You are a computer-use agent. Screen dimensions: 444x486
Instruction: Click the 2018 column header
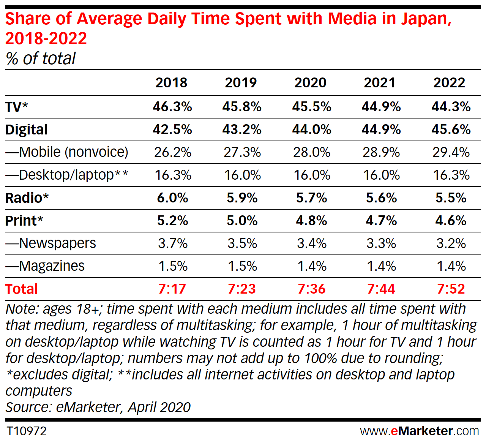click(x=171, y=82)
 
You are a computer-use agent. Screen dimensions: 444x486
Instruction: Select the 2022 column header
click(x=449, y=82)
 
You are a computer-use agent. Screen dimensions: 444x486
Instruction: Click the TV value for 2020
click(x=311, y=107)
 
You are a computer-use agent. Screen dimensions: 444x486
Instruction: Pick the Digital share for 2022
click(x=451, y=130)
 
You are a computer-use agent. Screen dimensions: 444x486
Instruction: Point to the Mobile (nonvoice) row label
click(x=67, y=152)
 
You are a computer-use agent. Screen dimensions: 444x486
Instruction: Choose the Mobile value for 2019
click(x=242, y=152)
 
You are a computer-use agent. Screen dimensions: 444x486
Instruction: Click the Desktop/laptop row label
click(x=67, y=175)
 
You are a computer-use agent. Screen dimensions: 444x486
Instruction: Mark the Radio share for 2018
click(x=172, y=198)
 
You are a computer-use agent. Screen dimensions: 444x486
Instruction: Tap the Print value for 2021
click(x=381, y=221)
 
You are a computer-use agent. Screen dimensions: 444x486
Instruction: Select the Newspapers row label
click(x=50, y=243)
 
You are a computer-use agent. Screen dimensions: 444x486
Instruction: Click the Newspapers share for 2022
click(x=451, y=243)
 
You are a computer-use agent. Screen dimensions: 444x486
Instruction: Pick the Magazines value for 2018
click(x=173, y=266)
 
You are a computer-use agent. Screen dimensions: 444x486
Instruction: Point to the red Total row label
click(x=22, y=289)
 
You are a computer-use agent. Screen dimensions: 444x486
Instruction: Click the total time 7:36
click(x=311, y=289)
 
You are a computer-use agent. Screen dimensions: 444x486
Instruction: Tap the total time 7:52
click(x=451, y=289)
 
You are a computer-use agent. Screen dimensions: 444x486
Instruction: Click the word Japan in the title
click(x=426, y=19)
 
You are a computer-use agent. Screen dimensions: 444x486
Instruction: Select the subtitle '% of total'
click(x=41, y=58)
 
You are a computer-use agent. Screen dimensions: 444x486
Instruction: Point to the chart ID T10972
click(x=27, y=431)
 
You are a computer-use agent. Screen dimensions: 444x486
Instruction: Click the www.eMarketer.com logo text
click(x=420, y=431)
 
